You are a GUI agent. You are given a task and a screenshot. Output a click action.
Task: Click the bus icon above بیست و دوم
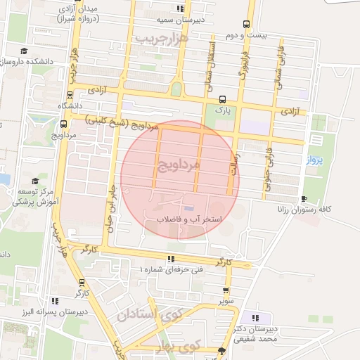pyautogui.click(x=246, y=23)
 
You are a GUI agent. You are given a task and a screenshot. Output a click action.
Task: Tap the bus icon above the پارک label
pyautogui.click(x=223, y=99)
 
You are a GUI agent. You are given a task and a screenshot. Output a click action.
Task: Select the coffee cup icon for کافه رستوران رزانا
pyautogui.click(x=303, y=198)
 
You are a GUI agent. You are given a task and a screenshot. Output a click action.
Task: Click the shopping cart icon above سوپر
pyautogui.click(x=225, y=290)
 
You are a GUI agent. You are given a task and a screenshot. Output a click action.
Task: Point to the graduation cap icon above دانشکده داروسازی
pyautogui.click(x=24, y=51)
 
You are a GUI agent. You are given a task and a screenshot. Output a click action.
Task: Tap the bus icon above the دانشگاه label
pyautogui.click(x=70, y=95)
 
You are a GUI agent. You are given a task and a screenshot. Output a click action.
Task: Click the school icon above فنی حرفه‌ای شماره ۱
pyautogui.click(x=171, y=258)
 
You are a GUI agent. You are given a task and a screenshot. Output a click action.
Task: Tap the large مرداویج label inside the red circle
pyautogui.click(x=176, y=166)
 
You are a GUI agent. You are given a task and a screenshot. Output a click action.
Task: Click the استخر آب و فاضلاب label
pyautogui.click(x=188, y=220)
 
